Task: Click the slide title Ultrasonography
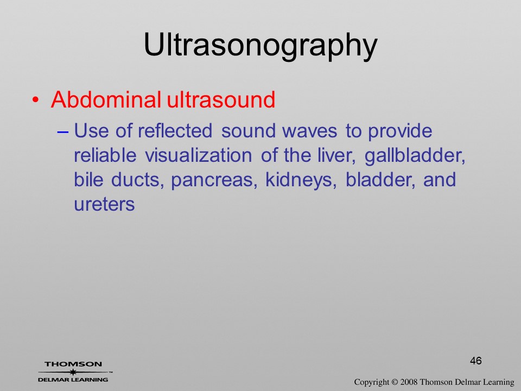tap(260, 46)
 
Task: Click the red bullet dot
tap(36, 100)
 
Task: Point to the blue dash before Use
tap(63, 131)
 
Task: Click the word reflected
tap(175, 130)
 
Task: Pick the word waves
tap(310, 131)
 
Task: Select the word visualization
tap(199, 155)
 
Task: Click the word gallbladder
tap(415, 156)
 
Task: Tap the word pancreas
tap(214, 180)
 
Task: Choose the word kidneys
tap(301, 180)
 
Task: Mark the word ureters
tap(104, 204)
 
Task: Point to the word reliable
tap(105, 155)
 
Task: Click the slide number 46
tap(476, 361)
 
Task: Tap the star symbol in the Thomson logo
tap(73, 372)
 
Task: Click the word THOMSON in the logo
tap(73, 364)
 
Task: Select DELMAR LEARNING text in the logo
tap(73, 380)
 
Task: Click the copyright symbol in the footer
tap(395, 382)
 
